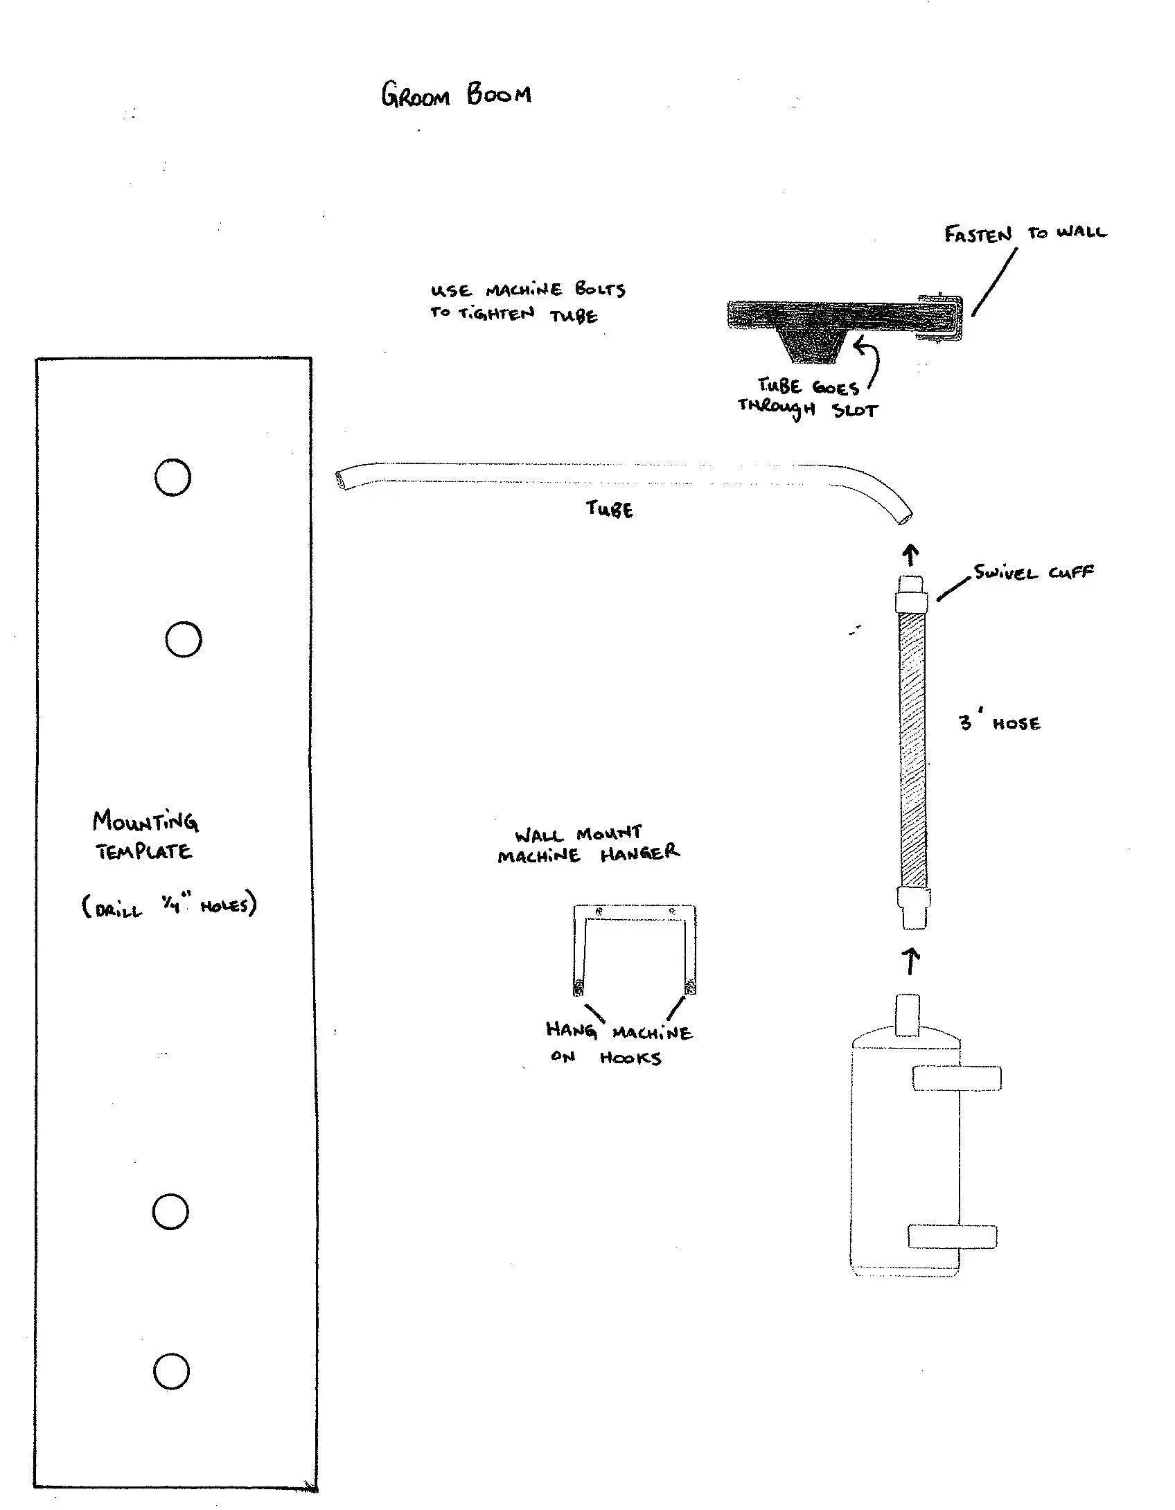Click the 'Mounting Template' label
click(145, 835)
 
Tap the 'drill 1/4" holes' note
click(170, 906)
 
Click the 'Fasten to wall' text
click(1025, 233)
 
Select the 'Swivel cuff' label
click(1034, 572)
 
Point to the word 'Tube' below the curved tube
click(610, 510)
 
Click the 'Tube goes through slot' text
click(807, 398)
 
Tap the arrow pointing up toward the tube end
click(911, 555)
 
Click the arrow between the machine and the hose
click(912, 962)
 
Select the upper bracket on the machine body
click(956, 1078)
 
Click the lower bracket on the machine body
click(953, 1237)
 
